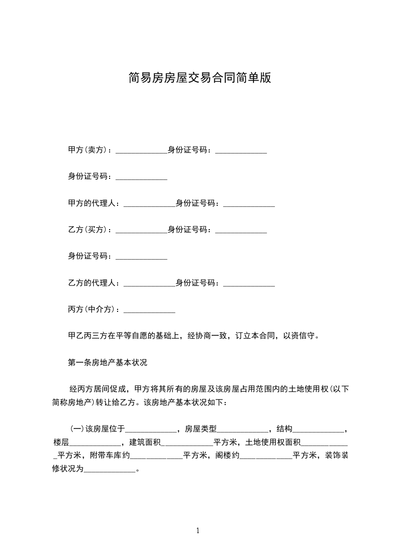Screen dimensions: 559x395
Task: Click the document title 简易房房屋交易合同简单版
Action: pyautogui.click(x=199, y=78)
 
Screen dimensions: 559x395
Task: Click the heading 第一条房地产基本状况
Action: pyautogui.click(x=107, y=363)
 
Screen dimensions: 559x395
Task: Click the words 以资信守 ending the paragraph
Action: pyautogui.click(x=301, y=336)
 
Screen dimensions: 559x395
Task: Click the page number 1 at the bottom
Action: pyautogui.click(x=198, y=531)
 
